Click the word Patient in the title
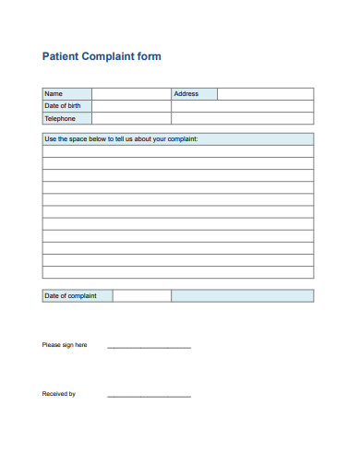[61, 56]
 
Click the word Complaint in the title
[112, 56]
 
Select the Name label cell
[66, 93]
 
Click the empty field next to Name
[131, 93]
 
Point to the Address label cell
[194, 93]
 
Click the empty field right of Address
[265, 93]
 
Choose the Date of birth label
[66, 106]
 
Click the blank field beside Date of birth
[131, 106]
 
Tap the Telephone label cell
[66, 118]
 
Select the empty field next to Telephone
[131, 118]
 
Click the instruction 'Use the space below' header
[121, 139]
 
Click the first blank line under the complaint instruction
[177, 151]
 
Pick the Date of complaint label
[78, 295]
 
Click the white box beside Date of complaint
[142, 295]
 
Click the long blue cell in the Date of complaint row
[242, 295]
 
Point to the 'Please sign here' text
[65, 345]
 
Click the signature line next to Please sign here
[149, 346]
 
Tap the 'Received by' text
[59, 394]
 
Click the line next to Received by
[149, 395]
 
